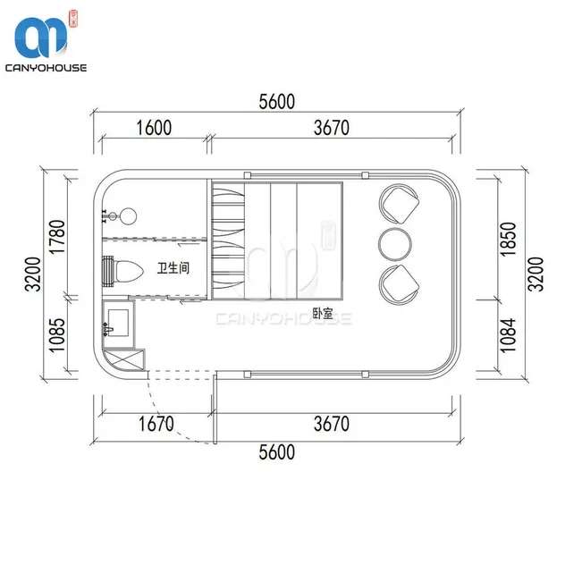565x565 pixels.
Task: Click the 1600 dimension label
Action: pos(154,128)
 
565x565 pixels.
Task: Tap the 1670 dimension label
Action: pos(156,424)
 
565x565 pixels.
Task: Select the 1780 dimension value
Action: pos(57,237)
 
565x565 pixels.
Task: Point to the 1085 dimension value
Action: pos(57,334)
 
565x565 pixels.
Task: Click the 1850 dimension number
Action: pos(509,240)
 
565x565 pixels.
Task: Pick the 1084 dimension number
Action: pos(509,335)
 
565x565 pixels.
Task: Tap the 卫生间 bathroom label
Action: pos(173,267)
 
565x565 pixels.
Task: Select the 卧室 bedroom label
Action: pos(323,313)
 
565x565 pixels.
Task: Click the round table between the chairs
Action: pos(395,244)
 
